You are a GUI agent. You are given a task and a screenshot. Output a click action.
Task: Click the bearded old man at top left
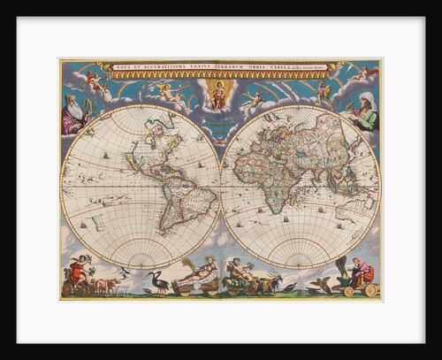pos(74,114)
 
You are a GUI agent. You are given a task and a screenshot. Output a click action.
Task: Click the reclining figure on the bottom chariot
pos(198,272)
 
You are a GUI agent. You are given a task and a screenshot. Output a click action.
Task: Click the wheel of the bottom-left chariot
pos(67,288)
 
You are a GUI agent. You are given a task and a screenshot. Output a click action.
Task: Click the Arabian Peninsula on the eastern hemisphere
pos(293,172)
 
